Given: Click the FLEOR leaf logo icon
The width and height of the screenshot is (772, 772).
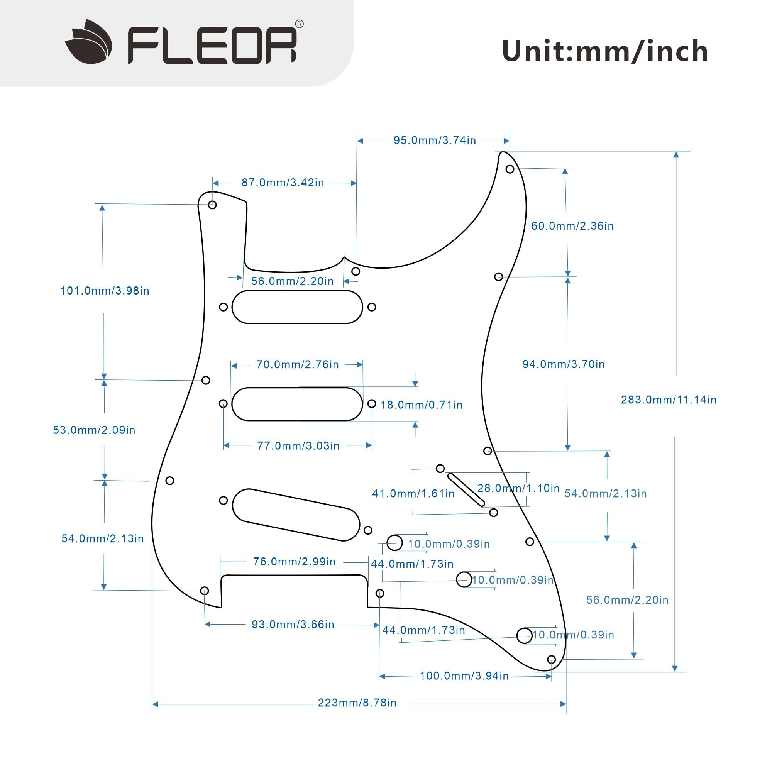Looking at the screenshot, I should click(88, 42).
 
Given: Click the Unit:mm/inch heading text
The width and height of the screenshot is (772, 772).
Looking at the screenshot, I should click(604, 52).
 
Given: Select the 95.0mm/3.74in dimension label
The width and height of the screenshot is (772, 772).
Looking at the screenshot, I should click(435, 141).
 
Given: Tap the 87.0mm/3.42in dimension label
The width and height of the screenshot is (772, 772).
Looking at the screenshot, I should click(283, 183).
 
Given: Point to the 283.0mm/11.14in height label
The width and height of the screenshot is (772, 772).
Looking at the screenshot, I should click(669, 400).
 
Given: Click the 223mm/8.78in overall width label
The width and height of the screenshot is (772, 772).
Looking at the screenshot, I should click(357, 703).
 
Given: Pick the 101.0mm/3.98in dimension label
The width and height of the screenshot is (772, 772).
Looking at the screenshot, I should click(105, 291).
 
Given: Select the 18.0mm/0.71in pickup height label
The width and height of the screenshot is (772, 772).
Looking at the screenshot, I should click(422, 405).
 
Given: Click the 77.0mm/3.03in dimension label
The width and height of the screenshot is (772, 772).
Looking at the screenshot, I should click(298, 446).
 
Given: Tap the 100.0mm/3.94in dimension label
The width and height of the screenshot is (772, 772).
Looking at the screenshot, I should click(464, 676).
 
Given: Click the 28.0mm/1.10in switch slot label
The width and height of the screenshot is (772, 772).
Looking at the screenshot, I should click(518, 488).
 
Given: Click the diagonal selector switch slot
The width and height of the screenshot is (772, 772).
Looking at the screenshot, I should click(466, 489).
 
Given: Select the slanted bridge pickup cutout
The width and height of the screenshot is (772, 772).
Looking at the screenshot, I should click(296, 515).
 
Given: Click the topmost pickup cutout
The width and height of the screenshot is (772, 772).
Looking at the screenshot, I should click(297, 307).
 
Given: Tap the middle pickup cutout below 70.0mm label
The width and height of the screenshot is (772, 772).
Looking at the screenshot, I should click(297, 404).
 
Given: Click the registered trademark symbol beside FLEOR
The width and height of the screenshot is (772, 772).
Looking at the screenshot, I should click(299, 24).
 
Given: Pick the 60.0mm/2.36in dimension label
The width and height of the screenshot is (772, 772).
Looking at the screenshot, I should click(572, 226).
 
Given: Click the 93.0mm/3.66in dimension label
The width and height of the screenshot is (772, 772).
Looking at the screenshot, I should click(293, 625).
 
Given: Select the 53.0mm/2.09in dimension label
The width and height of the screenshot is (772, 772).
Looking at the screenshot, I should click(94, 430).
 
